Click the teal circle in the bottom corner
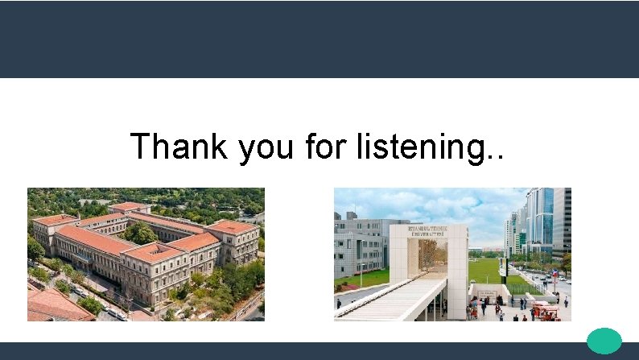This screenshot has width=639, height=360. [604, 341]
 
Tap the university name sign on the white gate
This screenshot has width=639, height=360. [428, 230]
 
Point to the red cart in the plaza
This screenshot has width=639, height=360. [546, 311]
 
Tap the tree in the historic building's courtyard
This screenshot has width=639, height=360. [142, 233]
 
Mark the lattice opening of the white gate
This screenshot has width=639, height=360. [427, 257]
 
